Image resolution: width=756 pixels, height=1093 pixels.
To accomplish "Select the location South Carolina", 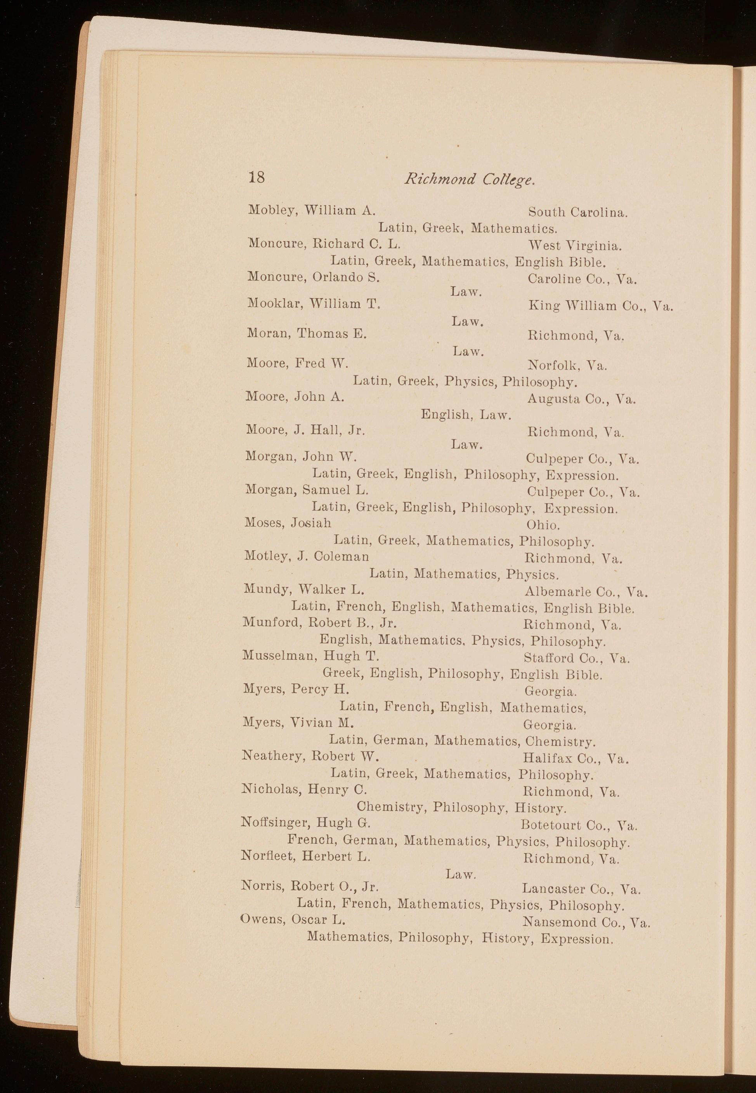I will [x=578, y=212].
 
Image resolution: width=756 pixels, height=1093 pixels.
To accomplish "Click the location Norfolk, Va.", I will [x=567, y=365].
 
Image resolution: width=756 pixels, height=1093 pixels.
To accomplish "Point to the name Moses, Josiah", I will [x=288, y=523].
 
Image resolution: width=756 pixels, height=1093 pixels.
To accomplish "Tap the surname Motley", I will [x=266, y=556].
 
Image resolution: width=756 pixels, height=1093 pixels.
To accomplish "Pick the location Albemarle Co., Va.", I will [x=586, y=592].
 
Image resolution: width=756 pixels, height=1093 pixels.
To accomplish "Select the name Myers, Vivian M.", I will [x=298, y=723].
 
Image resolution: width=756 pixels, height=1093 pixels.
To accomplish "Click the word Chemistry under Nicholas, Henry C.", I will [x=391, y=807].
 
